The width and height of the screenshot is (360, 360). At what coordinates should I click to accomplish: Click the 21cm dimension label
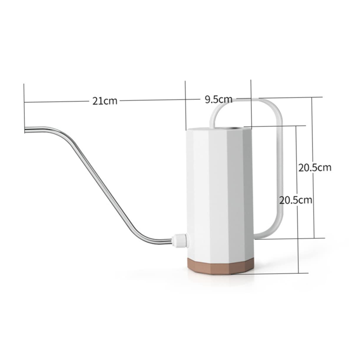pos(105,101)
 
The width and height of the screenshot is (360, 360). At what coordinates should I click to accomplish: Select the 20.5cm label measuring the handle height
pos(315,167)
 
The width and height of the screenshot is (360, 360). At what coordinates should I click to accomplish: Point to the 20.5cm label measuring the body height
pos(295,200)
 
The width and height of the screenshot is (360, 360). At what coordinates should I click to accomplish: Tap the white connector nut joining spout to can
pos(179,240)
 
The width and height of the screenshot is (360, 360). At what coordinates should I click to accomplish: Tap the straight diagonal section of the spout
pos(103,185)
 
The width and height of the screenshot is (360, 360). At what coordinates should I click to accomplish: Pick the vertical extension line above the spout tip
pos(24,106)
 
